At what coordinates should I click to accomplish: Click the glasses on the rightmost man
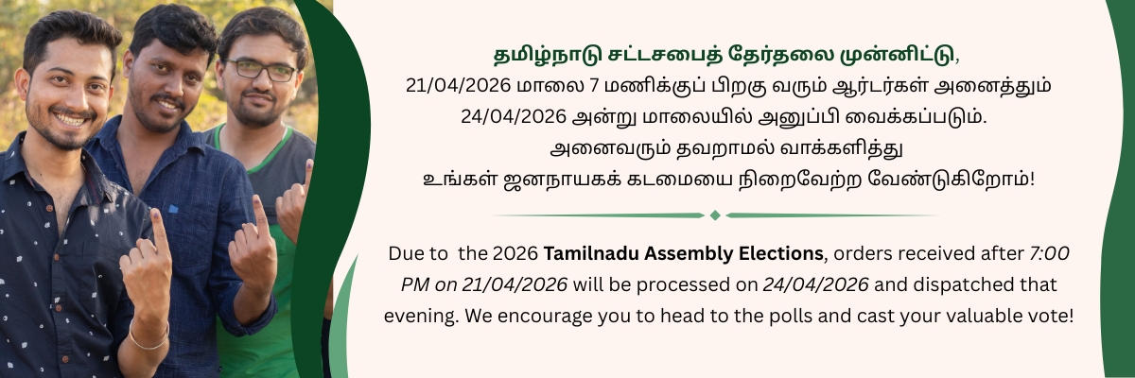(x=259, y=70)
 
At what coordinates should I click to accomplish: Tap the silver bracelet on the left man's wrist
(x=148, y=337)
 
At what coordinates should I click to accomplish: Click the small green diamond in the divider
(x=715, y=215)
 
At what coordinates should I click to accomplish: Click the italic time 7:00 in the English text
(x=1049, y=253)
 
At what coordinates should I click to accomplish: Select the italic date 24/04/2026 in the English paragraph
(x=815, y=284)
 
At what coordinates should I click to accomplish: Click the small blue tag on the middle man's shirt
(x=173, y=209)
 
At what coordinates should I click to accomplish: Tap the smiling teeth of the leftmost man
(x=69, y=120)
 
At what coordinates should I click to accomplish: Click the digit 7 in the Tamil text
(x=595, y=86)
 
